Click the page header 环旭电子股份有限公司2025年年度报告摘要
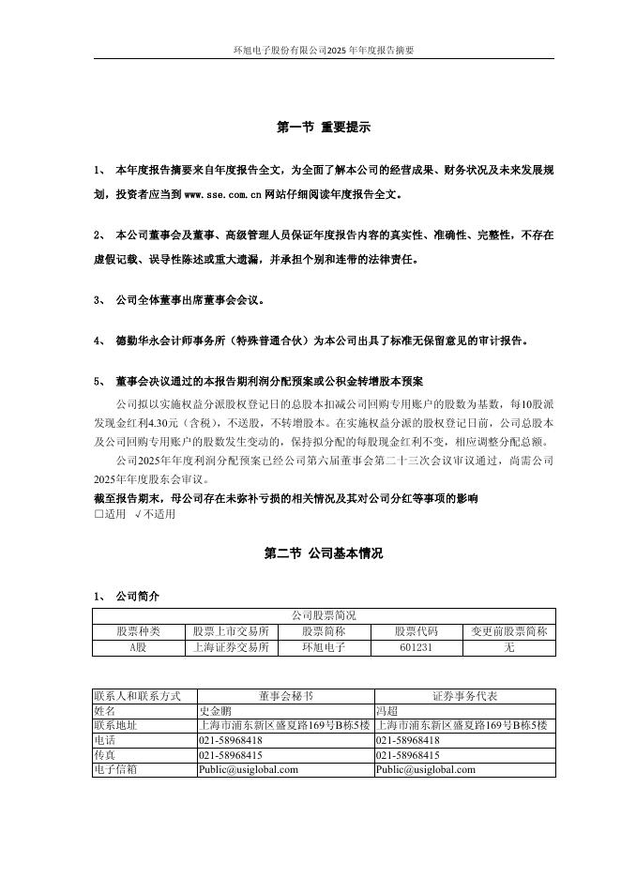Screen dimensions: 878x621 click(x=324, y=50)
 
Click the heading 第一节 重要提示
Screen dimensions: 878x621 click(x=324, y=127)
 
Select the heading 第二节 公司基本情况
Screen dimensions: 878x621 click(x=324, y=554)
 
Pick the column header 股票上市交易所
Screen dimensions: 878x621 click(x=231, y=631)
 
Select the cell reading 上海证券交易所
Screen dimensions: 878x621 click(x=231, y=647)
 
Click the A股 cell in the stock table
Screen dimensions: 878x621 click(x=138, y=647)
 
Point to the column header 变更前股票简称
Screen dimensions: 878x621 click(x=509, y=631)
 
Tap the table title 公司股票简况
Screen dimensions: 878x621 click(x=324, y=615)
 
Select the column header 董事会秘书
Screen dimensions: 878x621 click(x=285, y=696)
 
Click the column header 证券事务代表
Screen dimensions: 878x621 click(x=464, y=696)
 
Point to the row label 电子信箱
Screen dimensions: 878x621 click(x=115, y=769)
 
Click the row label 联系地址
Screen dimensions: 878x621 click(x=115, y=725)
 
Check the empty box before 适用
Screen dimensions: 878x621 click(x=99, y=514)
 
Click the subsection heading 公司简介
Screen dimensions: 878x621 click(x=137, y=595)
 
